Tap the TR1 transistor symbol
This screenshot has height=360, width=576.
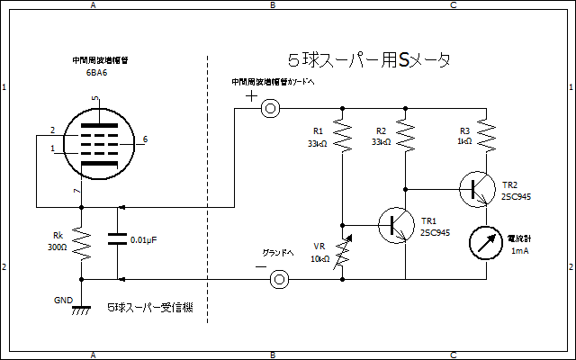click(394, 224)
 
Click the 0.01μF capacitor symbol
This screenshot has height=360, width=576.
click(117, 240)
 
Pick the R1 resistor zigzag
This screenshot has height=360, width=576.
click(342, 135)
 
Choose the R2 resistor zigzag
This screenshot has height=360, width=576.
click(405, 135)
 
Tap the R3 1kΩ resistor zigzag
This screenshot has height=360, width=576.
click(486, 135)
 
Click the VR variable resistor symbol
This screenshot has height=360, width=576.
click(342, 253)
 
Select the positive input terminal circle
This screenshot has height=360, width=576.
click(270, 108)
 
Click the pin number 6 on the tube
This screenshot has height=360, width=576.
click(145, 139)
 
